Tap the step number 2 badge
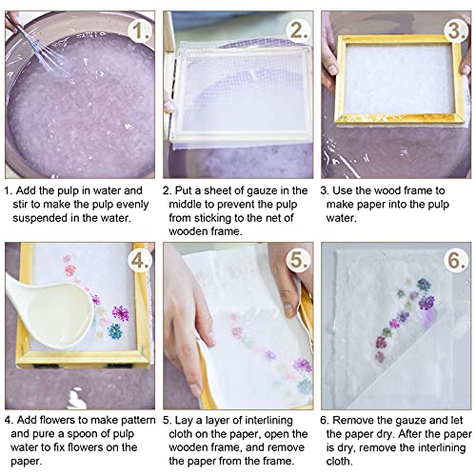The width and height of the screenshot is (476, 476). tap(295, 32)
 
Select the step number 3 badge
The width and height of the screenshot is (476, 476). tap(453, 32)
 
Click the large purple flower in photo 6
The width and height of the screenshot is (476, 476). tap(426, 303)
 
